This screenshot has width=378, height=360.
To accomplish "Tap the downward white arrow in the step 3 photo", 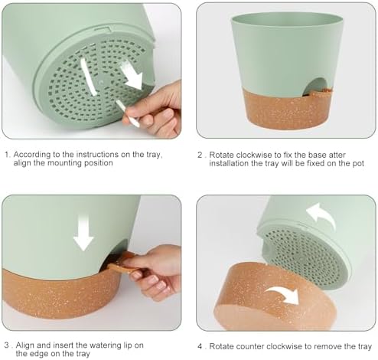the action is click(83, 232).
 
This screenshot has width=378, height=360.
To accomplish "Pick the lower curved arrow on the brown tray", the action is click(284, 293).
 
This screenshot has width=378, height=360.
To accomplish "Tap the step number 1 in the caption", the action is click(8, 155).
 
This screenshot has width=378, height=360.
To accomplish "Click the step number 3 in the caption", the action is click(7, 345).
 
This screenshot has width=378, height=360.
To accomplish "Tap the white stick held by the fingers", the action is click(128, 113).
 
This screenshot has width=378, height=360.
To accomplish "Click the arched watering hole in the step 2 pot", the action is click(316, 87).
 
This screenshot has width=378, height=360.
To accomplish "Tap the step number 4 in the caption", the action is click(200, 347).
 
